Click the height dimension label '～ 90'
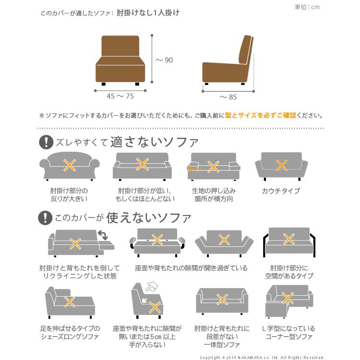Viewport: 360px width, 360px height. tap(164, 60)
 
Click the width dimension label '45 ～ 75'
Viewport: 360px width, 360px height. tap(120, 96)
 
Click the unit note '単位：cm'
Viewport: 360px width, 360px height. tap(308, 7)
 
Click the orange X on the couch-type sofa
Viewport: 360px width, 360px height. tap(281, 165)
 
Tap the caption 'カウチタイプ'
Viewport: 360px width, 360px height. tap(281, 191)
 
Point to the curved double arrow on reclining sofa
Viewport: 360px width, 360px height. tap(102, 235)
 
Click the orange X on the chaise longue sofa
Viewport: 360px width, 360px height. tap(70, 302)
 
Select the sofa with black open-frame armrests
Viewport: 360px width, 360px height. tap(288, 242)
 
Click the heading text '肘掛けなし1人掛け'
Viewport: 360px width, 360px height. tap(148, 13)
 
